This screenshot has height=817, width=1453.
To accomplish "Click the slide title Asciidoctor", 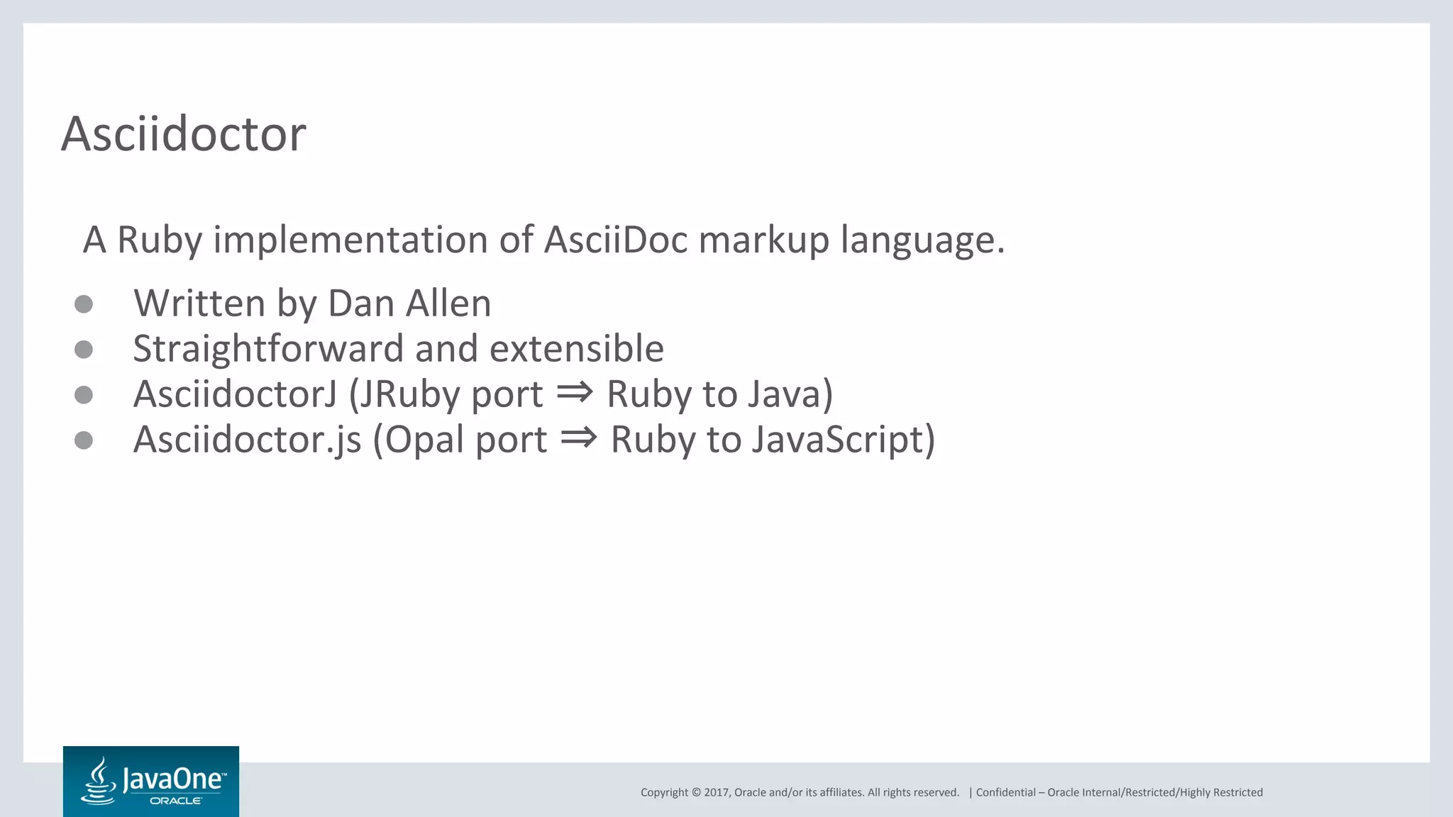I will (184, 133).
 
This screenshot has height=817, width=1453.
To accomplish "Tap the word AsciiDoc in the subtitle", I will (616, 240).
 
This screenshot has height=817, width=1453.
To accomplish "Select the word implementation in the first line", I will (350, 240).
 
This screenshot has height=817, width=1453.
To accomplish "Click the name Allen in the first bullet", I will (448, 304).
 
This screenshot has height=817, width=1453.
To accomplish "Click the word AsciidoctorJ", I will (235, 394).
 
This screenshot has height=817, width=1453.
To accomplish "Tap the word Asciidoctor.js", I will (247, 440).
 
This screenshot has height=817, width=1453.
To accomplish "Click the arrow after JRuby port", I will (574, 391).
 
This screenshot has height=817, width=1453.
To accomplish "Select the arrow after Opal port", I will (578, 437).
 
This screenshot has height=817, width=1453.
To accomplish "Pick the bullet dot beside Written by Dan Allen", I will (84, 304).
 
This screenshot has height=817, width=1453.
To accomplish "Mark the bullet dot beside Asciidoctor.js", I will (84, 440).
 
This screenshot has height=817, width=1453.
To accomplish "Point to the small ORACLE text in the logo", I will (176, 801).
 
